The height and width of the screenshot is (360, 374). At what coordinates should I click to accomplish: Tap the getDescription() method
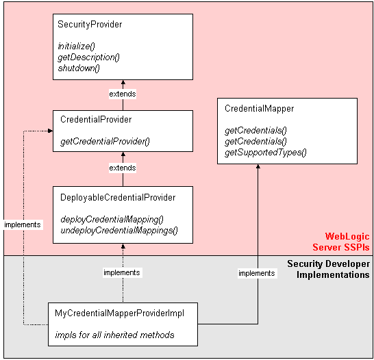coord(88,57)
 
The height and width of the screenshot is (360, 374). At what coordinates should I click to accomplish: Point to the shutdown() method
coord(79,68)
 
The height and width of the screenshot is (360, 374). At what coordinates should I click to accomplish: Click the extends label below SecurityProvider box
coord(122,94)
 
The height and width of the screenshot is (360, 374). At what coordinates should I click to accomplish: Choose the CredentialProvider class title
coord(96,119)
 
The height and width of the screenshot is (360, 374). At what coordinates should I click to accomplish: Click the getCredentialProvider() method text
coord(105,141)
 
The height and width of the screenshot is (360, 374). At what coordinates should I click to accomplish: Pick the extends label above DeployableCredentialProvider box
coord(122,168)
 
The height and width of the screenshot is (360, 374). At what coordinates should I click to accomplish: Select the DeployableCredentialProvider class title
coord(118,197)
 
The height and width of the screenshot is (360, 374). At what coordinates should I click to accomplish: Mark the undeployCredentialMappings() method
coord(119,230)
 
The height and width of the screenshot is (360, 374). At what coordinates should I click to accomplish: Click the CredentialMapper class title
coord(259,108)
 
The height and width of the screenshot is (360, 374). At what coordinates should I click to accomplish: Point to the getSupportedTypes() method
coord(265,152)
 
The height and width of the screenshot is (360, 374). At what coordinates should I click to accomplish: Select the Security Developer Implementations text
coord(328,269)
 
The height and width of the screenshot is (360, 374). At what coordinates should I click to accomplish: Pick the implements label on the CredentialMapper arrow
coord(256,273)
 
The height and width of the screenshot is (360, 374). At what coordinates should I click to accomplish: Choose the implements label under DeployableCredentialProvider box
coord(121,272)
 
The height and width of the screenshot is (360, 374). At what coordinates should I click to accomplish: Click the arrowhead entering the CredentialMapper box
coord(258,168)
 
